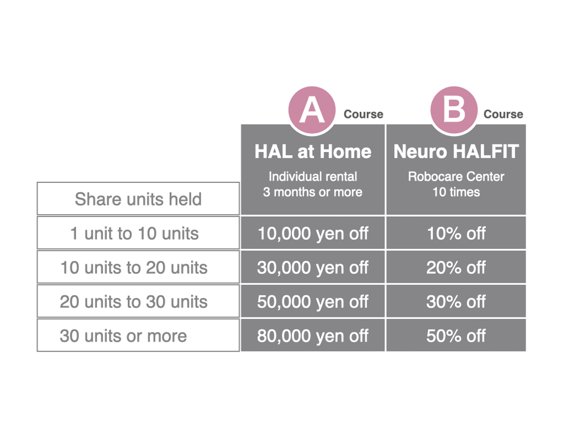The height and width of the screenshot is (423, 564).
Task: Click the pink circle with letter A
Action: pos(312,110)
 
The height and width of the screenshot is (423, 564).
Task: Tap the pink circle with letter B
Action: pos(454,110)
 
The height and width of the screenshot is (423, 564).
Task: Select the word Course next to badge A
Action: pos(363,114)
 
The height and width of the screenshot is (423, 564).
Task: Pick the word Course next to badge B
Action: pos(503,114)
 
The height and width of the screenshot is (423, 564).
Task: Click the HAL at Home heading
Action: pos(313,152)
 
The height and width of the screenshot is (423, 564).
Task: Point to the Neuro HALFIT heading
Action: pos(456,152)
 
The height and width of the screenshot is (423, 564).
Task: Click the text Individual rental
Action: pos(313,176)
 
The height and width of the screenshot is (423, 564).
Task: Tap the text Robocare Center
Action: pos(456,176)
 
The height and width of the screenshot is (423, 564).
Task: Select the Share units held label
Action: pos(138,199)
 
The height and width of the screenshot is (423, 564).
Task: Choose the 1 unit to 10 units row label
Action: pos(134,233)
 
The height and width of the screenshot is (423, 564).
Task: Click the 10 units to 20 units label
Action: pos(134,268)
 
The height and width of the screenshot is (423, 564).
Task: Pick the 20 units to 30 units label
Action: pos(134,302)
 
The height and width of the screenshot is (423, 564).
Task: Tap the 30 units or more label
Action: pos(123,336)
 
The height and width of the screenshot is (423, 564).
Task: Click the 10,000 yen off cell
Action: pos(313,233)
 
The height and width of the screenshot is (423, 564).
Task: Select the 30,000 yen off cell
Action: pos(313,267)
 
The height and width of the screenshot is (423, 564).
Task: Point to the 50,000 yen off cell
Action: pos(313,301)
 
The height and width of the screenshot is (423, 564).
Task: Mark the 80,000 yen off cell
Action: pos(313,335)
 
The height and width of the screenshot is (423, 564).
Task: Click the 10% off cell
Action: pos(456,233)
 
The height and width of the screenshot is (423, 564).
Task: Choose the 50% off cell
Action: pos(456,335)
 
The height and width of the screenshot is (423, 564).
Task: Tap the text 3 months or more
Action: pos(313,192)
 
